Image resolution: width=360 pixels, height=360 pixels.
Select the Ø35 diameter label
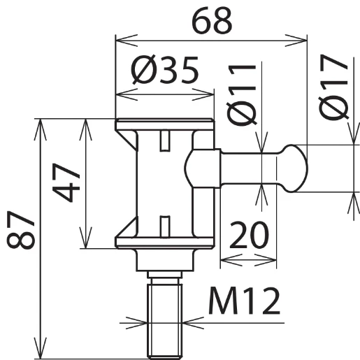click(165, 71)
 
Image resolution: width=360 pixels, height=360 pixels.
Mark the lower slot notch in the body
click(165, 225)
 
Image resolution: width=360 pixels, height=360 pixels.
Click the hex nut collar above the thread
click(165, 261)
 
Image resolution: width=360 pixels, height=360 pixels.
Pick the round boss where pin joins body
click(202, 168)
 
